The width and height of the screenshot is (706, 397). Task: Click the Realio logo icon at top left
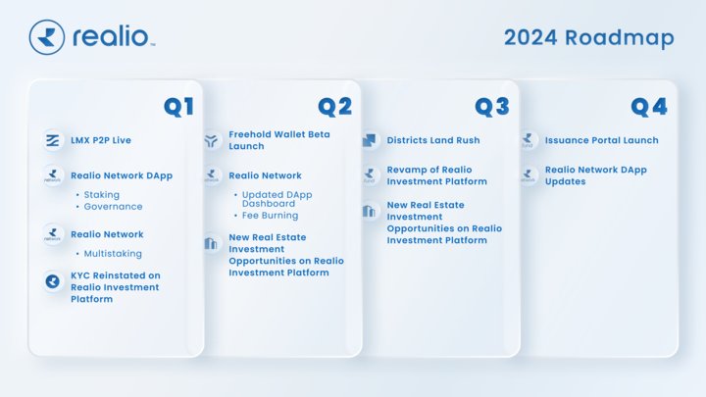point(47,37)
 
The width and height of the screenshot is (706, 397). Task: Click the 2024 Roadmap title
point(588,37)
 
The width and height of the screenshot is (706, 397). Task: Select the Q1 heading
point(178,107)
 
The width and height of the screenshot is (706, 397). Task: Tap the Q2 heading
point(334,107)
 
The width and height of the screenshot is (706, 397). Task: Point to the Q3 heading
point(492,107)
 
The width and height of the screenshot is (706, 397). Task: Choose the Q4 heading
point(649,107)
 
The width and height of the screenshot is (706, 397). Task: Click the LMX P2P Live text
point(101,140)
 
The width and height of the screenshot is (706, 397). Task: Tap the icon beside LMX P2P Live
point(53,140)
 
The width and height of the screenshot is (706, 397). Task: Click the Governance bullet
point(112,207)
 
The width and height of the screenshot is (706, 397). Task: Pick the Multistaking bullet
point(114,254)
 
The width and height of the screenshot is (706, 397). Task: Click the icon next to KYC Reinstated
point(53,281)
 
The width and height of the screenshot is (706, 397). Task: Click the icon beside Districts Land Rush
point(369,140)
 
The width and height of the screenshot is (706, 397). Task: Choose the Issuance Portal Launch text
point(601,140)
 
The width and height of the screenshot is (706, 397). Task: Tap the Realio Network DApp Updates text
point(595,175)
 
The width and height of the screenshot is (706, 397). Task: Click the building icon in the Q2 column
point(211,243)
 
